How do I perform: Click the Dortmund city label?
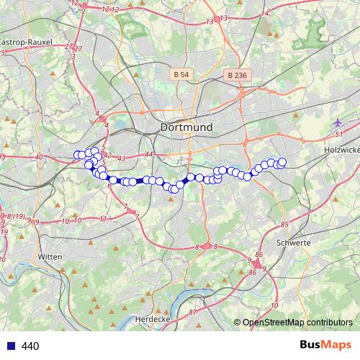(186, 127)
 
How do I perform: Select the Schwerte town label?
(293, 243)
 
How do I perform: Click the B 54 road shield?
(181, 74)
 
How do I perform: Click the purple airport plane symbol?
(338, 123)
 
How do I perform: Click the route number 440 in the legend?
(30, 346)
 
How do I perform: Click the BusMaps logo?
(323, 345)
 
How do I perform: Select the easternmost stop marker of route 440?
(282, 162)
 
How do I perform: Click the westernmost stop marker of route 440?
(77, 155)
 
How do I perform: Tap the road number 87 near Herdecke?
(192, 312)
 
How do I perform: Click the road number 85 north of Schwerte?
(284, 225)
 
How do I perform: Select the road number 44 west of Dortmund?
(148, 154)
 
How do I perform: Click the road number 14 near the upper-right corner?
(265, 14)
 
